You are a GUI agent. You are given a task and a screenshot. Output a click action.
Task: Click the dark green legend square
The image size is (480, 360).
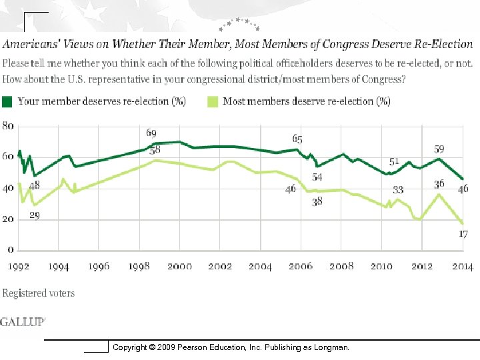point(7,101)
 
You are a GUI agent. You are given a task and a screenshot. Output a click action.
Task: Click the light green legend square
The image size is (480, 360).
point(212,101)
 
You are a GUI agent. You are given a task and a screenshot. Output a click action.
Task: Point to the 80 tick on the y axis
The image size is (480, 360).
point(8,125)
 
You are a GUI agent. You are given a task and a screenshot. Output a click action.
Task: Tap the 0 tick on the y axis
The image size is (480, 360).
point(11,250)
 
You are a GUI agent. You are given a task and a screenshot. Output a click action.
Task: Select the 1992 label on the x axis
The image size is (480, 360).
point(19,267)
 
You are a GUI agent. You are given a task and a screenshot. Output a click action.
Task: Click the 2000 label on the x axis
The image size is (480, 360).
point(179,267)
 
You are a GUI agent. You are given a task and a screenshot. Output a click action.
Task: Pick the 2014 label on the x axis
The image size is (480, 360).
point(462,267)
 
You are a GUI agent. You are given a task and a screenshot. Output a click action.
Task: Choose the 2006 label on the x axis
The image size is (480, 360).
point(301,267)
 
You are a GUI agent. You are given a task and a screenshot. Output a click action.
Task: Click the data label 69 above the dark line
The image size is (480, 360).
point(152,134)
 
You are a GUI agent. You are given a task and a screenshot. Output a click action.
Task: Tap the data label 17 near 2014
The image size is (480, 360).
point(463,234)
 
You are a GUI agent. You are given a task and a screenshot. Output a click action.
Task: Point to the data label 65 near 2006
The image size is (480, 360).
point(297,139)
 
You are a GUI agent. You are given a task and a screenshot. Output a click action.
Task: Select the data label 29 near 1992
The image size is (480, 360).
point(34,215)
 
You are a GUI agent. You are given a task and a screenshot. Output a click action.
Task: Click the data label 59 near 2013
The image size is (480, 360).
point(439,149)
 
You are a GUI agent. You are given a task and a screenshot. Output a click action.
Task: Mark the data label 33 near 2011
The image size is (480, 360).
point(398,190)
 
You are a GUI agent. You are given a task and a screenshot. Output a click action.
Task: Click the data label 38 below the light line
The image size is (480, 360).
point(317,202)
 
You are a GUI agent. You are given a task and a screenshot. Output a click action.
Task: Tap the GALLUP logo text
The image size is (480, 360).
point(23,321)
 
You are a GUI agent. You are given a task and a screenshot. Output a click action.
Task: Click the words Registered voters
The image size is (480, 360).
point(38,293)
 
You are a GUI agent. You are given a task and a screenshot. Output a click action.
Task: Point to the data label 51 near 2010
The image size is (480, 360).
point(394,161)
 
